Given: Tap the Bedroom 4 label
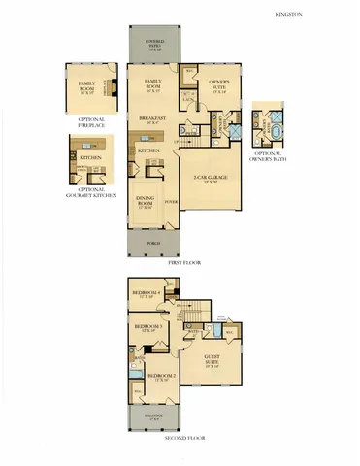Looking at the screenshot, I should (x=147, y=293).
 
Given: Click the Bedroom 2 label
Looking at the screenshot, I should (x=160, y=377).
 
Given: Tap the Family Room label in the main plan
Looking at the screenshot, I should (x=152, y=83).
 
